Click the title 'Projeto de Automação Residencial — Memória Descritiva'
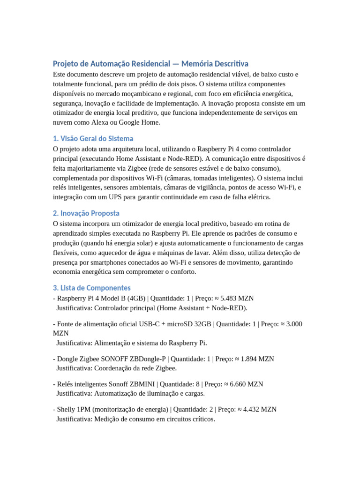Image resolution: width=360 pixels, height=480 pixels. (150, 63)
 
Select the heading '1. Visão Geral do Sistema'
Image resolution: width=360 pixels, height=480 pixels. (93, 138)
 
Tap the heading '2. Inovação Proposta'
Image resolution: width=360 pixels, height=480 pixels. (86, 213)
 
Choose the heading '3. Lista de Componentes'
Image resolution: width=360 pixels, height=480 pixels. (91, 287)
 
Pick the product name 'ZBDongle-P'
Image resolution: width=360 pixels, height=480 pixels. (148, 359)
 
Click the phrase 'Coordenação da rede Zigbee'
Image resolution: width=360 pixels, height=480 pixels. (135, 368)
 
